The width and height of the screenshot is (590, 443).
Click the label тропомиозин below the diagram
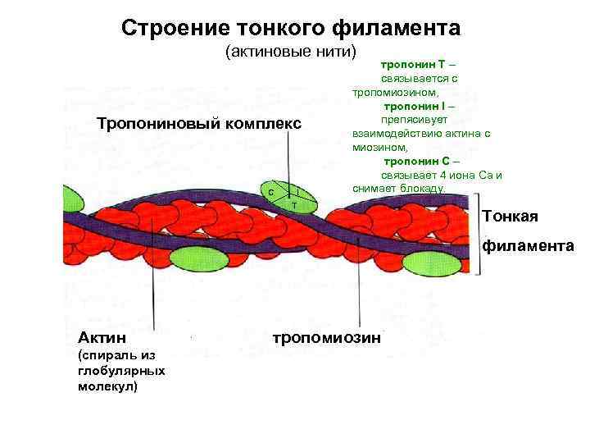click(326, 337)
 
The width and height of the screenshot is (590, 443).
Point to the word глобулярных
click(120, 371)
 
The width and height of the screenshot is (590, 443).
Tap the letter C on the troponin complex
click(271, 192)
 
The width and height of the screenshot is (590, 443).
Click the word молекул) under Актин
click(107, 386)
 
